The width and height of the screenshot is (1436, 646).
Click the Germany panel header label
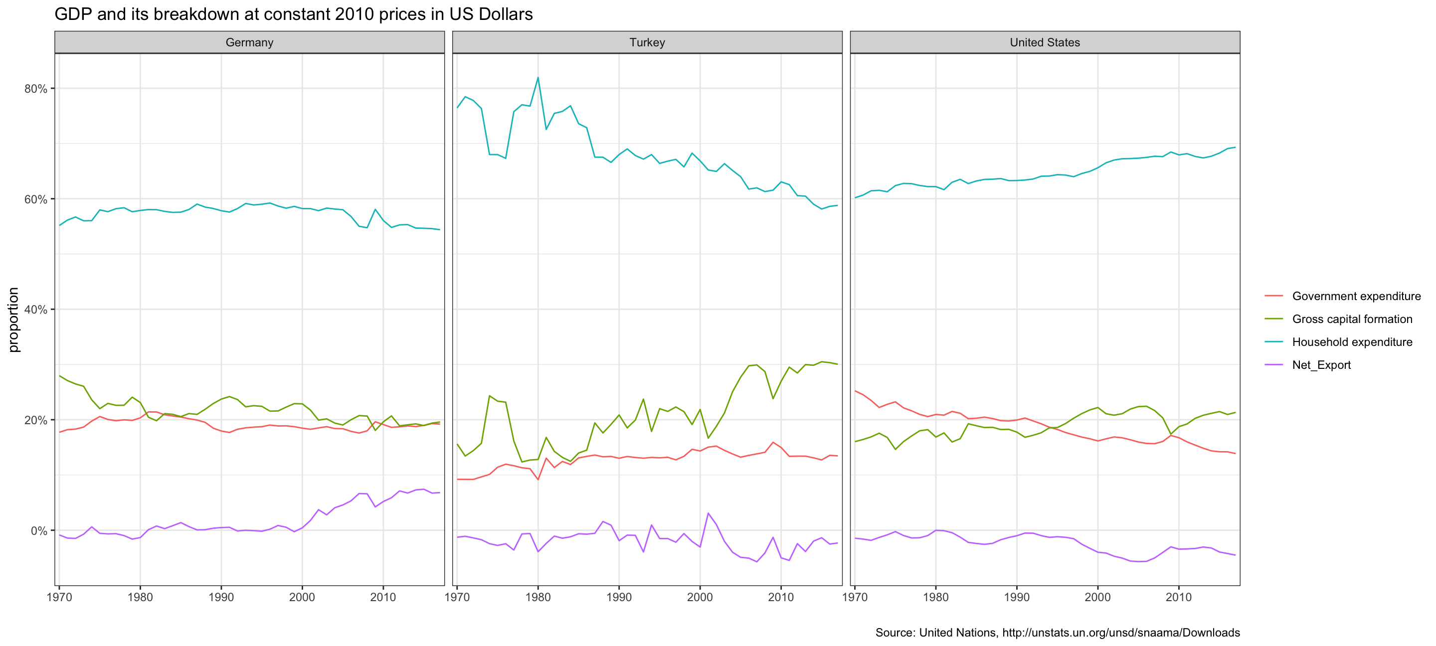(x=249, y=42)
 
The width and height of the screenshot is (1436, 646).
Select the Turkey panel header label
(x=647, y=42)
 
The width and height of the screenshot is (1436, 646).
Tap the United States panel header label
(x=1045, y=42)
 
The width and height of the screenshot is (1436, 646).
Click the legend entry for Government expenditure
(x=1356, y=296)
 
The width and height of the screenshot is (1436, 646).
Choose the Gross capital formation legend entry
(x=1352, y=319)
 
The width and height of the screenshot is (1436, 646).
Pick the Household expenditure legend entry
(x=1352, y=341)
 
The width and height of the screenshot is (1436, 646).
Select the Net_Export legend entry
(x=1321, y=365)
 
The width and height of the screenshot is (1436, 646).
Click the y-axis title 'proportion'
(x=13, y=320)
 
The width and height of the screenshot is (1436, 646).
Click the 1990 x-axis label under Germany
(x=221, y=598)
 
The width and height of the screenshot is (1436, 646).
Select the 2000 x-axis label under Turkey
(x=700, y=598)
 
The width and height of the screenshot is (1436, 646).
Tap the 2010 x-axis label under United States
(x=1178, y=598)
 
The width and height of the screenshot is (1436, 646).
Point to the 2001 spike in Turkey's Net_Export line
(x=708, y=513)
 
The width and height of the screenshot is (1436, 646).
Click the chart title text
(x=293, y=14)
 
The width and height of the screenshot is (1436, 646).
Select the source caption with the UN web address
(x=1057, y=633)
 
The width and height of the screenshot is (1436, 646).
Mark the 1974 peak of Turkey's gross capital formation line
(x=490, y=396)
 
